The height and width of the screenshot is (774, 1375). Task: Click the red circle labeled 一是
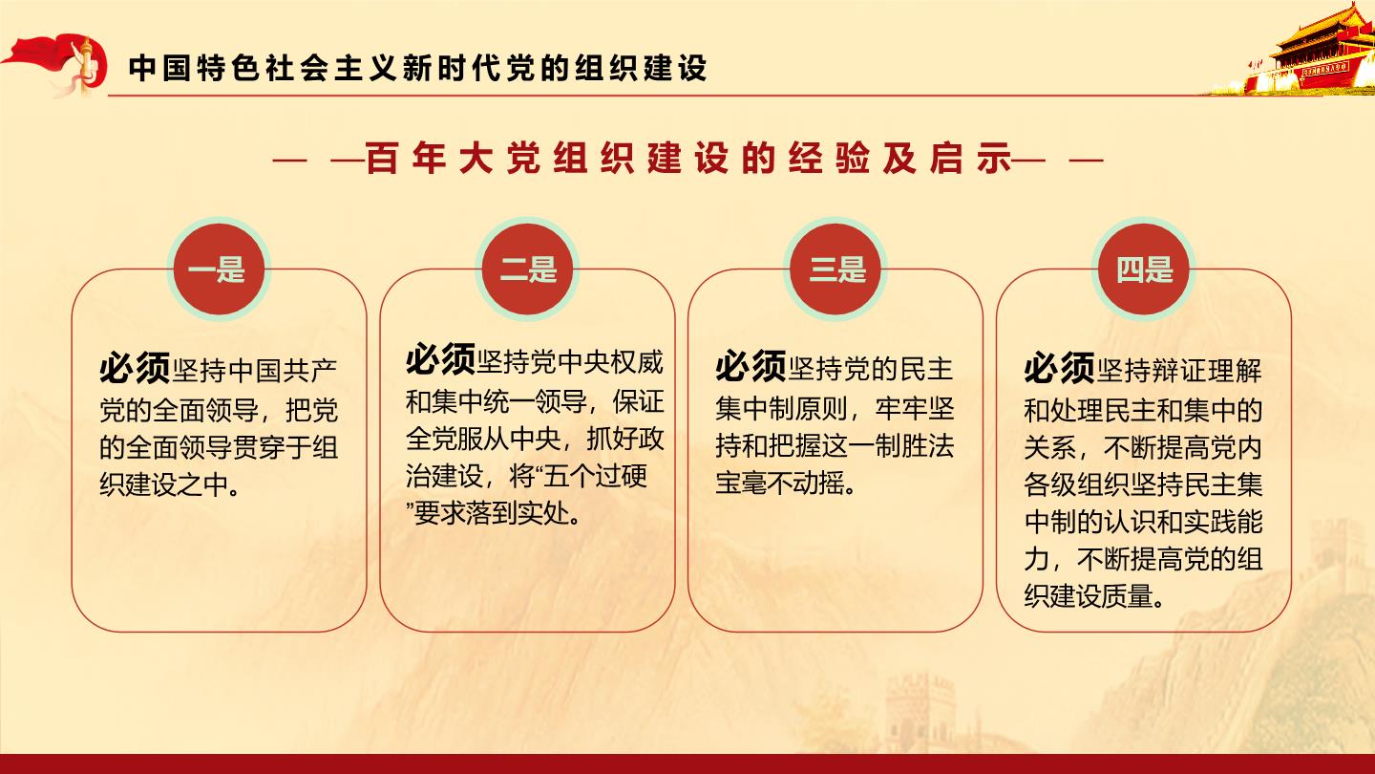click(219, 269)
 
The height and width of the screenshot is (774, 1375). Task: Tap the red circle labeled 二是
click(527, 269)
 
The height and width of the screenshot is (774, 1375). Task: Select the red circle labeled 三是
click(835, 269)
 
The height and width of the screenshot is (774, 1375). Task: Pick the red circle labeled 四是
click(1143, 269)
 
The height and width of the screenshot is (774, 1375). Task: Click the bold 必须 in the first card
click(135, 368)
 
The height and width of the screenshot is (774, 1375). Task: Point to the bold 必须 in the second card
click(441, 359)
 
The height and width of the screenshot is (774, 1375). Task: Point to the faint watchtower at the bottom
click(920, 713)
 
